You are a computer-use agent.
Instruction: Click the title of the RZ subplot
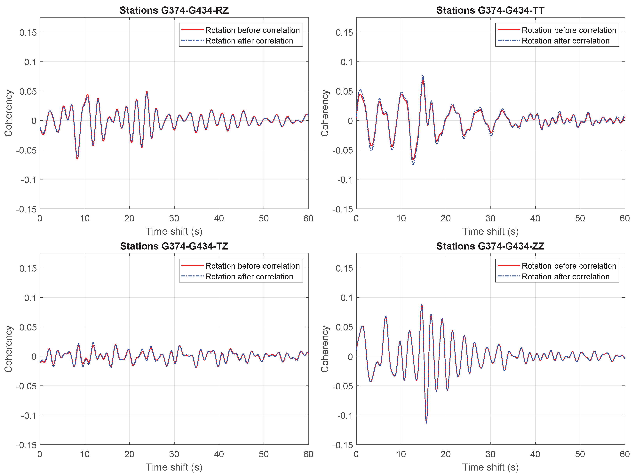[174, 10]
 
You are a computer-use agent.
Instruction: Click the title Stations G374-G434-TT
[490, 10]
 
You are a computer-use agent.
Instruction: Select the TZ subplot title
[174, 246]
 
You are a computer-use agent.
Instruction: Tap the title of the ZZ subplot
[490, 246]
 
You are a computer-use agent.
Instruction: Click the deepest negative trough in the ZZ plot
[426, 423]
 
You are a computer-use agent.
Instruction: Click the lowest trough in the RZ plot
[77, 158]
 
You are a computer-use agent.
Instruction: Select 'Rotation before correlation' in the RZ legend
[252, 30]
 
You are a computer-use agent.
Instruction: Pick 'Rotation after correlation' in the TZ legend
[249, 276]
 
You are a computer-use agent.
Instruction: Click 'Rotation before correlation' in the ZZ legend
[569, 266]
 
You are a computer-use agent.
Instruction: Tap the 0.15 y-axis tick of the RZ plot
[28, 32]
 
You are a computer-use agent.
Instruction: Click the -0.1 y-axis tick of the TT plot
[345, 180]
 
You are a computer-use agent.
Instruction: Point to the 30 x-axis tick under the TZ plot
[174, 454]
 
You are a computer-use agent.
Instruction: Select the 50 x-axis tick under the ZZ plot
[580, 454]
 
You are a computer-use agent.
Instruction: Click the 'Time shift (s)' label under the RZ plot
[174, 231]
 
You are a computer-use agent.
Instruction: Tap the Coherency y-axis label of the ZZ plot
[324, 349]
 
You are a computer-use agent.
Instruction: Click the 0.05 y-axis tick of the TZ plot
[28, 327]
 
